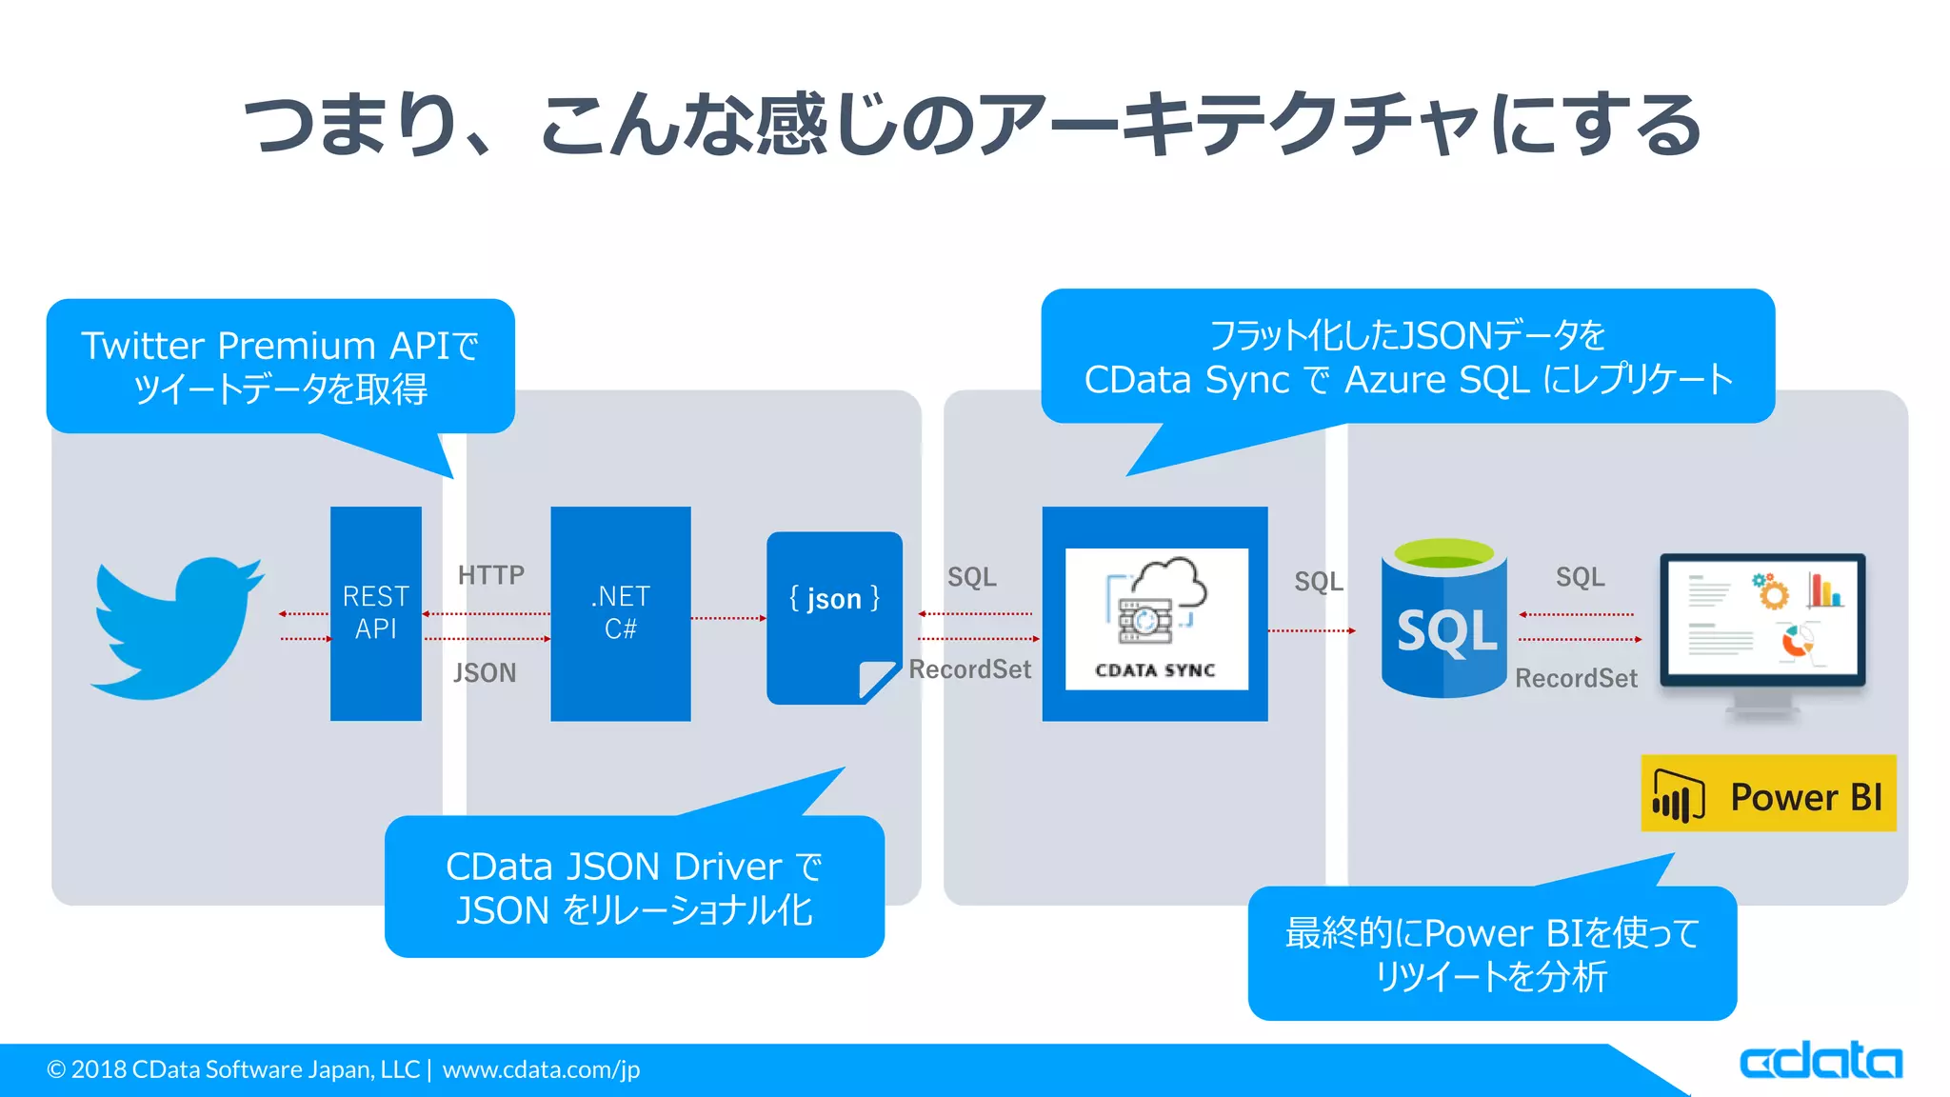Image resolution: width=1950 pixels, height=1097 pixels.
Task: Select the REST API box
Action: pos(375,613)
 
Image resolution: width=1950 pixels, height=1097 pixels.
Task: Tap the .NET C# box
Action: pos(620,613)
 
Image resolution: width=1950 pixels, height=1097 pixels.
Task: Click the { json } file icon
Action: pos(833,617)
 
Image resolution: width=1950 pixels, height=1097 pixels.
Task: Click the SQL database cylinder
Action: pos(1443,619)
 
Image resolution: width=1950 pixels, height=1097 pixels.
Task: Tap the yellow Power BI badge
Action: pos(1768,794)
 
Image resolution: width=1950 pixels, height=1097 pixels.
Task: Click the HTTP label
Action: pos(490,575)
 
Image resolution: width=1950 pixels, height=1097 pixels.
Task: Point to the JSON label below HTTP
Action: pos(485,673)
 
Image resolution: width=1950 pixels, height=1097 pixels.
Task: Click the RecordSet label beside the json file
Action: pos(969,669)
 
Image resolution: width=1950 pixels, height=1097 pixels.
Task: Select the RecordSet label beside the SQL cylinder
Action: pos(1576,678)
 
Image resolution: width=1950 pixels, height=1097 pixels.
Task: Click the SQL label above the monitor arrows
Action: pos(1580,577)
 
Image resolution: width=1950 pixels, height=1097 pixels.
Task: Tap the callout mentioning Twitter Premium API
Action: pos(280,367)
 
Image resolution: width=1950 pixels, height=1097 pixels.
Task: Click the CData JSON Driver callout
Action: pos(634,888)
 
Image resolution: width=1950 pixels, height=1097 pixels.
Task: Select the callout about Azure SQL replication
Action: pos(1407,357)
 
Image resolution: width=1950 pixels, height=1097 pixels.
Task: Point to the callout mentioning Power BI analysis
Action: pos(1492,953)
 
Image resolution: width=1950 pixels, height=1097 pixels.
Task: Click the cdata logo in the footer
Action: pos(1820,1061)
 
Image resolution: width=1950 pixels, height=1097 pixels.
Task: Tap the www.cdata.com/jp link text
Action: pos(541,1069)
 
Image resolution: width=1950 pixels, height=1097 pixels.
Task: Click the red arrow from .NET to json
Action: pos(728,618)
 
